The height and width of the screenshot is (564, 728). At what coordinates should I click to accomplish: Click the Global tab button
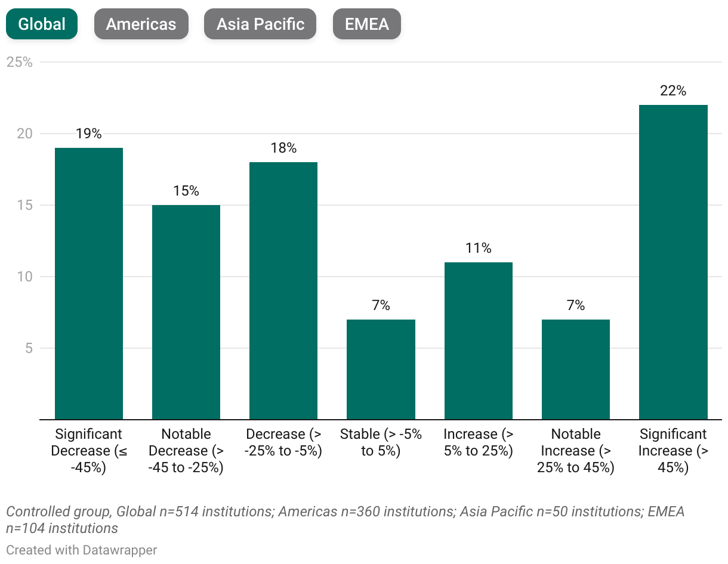coord(42,24)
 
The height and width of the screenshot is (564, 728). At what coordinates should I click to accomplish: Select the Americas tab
coord(141,24)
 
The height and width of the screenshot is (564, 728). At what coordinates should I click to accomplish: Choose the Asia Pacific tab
coord(260,24)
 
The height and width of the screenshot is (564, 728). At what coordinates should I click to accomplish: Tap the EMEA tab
coord(366,24)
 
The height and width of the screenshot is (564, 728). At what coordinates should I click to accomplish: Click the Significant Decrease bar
coord(89,283)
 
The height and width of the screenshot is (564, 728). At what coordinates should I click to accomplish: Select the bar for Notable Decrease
coord(186,312)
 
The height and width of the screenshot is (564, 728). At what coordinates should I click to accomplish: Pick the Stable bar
coord(381,369)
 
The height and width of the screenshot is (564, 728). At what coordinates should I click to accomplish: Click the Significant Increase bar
coord(673,262)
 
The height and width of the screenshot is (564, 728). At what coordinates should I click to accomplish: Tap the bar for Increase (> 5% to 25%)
coord(478,340)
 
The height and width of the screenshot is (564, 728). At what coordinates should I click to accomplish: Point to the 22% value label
coord(673,91)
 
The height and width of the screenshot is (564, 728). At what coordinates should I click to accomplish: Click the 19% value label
coord(89,134)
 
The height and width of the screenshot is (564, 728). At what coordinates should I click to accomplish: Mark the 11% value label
coord(478,248)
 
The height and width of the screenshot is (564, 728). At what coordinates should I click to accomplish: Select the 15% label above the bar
coord(186,191)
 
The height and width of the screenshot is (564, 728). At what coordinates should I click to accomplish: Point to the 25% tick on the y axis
coord(19,62)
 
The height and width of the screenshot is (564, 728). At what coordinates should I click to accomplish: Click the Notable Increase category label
coord(575,451)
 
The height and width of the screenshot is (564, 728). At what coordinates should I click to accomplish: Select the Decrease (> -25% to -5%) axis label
coord(283,442)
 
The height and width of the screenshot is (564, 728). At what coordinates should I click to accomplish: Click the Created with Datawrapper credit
coord(82,550)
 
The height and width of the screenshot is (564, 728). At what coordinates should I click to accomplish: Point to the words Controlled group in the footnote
coord(58,512)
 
